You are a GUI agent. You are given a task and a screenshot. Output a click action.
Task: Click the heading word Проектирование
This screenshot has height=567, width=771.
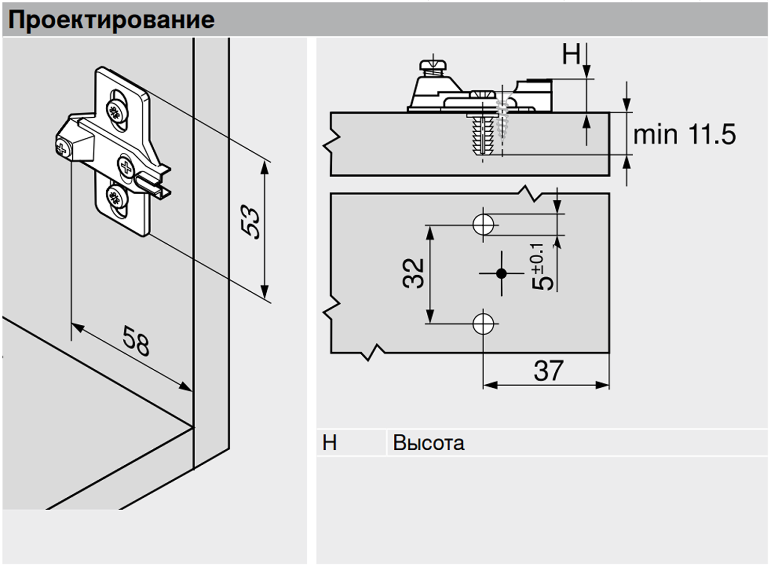[x=111, y=20]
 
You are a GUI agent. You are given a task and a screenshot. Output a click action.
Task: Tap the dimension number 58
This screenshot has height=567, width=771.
[x=136, y=341]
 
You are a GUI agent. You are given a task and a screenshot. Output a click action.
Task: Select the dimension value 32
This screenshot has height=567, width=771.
[x=413, y=273]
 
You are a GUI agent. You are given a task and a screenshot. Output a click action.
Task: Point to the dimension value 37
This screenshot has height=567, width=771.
[x=548, y=371]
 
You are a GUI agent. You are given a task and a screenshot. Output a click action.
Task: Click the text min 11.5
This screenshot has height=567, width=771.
[x=684, y=135]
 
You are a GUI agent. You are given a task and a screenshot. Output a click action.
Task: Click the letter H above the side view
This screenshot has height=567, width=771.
[x=571, y=54]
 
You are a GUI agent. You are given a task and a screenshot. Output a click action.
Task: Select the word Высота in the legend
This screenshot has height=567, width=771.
[x=428, y=443]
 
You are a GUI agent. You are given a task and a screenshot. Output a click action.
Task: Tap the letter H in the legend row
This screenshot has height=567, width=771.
[x=329, y=443]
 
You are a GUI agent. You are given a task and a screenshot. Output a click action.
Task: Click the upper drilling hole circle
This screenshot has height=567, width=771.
[x=484, y=225]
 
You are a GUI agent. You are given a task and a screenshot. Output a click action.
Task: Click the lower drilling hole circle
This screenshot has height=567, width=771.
[x=484, y=324]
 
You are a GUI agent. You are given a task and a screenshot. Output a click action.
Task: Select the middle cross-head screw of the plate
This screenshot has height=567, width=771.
[x=126, y=166]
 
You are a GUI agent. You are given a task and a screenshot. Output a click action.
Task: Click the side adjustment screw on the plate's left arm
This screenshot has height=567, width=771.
[x=62, y=149]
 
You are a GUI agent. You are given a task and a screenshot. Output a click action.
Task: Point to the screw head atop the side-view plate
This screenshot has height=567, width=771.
[x=432, y=65]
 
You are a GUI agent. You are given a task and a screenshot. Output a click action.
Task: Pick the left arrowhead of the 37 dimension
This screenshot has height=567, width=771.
[x=488, y=385]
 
